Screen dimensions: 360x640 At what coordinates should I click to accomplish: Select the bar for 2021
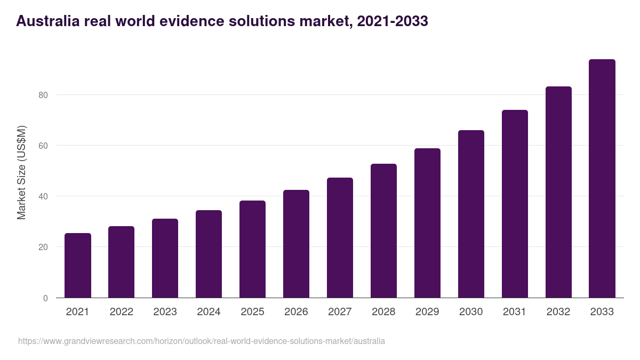click(78, 265)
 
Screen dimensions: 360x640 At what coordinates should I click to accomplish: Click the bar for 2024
click(209, 254)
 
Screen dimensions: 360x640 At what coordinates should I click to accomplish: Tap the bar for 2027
click(340, 237)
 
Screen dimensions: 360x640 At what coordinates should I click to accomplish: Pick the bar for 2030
click(471, 214)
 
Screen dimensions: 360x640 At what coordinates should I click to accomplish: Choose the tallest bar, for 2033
click(602, 178)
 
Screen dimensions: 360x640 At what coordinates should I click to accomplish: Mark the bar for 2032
click(558, 192)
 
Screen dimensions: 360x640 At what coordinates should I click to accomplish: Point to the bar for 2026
click(296, 244)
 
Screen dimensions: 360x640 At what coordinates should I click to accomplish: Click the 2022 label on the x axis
click(121, 312)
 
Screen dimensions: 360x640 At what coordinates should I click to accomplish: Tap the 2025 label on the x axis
click(252, 312)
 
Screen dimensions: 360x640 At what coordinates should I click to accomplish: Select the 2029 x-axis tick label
click(427, 312)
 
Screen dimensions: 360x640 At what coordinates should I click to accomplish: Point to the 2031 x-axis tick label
click(515, 312)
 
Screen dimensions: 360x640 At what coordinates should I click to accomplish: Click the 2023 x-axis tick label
click(165, 312)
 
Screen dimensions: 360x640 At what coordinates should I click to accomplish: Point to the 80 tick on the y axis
click(43, 95)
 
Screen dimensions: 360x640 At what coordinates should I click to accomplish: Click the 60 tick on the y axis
click(43, 146)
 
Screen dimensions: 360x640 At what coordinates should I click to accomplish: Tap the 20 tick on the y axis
click(43, 247)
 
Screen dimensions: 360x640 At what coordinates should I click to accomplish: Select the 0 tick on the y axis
click(45, 298)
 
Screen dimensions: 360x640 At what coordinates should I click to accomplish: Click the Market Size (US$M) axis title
click(21, 173)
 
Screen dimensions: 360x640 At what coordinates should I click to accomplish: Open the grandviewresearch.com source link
click(201, 341)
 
